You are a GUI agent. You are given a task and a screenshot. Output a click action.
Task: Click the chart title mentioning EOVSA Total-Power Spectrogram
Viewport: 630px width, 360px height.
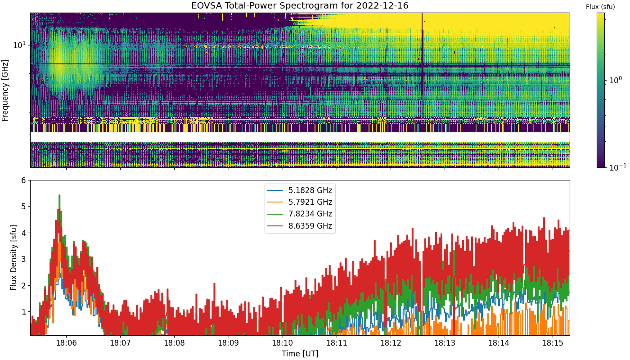click(x=300, y=5)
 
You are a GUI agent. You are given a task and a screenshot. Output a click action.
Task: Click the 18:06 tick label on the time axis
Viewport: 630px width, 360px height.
click(x=67, y=343)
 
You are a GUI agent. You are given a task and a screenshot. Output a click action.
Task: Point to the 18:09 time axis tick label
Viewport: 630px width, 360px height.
click(x=229, y=343)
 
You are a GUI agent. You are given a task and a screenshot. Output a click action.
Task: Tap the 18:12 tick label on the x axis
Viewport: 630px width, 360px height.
click(x=391, y=343)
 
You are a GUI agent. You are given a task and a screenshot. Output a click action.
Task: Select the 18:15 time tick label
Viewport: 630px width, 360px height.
click(x=553, y=343)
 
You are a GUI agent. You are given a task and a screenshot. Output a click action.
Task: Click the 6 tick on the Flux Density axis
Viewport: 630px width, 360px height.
click(x=23, y=180)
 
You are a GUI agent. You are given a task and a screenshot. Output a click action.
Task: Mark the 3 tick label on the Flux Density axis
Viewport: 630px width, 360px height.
click(x=23, y=259)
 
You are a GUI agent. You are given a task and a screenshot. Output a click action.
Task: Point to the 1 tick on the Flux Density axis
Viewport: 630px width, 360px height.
click(x=23, y=311)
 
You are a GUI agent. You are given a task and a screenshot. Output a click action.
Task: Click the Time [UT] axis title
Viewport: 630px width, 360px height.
click(x=300, y=354)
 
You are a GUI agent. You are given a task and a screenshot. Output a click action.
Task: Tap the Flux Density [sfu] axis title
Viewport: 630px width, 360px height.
click(x=13, y=257)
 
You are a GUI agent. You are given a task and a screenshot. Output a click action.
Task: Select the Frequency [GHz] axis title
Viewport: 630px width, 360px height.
click(x=5, y=90)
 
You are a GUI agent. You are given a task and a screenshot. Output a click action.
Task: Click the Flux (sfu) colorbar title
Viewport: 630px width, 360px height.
click(x=600, y=7)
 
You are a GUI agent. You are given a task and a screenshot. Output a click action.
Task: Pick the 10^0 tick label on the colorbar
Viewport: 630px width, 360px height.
click(x=616, y=80)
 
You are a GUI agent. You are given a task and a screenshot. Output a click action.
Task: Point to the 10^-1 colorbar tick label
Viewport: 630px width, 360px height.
click(x=617, y=167)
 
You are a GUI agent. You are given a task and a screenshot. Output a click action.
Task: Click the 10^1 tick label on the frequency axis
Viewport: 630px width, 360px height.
click(x=19, y=45)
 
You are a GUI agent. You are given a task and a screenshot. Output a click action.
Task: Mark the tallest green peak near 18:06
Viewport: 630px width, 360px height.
click(x=59, y=195)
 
